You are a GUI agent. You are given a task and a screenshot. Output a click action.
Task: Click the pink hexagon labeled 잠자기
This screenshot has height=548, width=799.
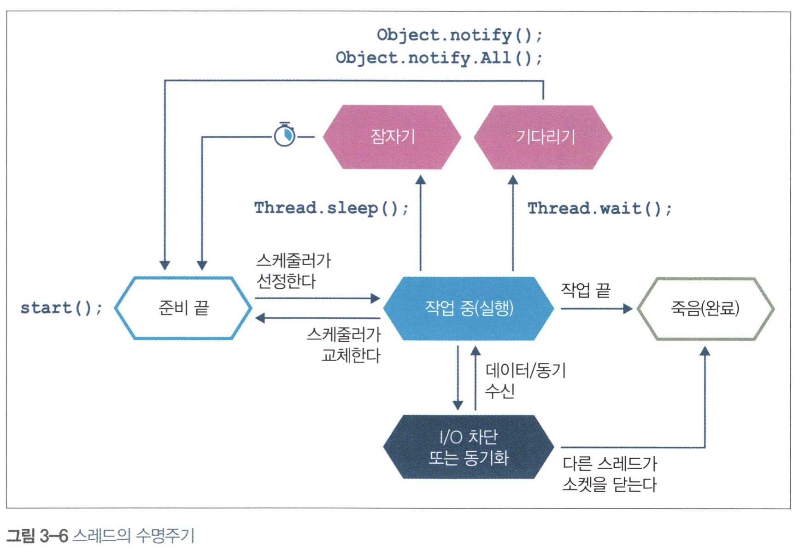[392, 137]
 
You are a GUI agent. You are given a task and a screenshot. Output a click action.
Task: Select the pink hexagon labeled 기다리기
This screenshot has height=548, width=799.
[543, 137]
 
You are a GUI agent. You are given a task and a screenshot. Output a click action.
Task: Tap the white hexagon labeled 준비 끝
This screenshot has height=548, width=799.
[183, 308]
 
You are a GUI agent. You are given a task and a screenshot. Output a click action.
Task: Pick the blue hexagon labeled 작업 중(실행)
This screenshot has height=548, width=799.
[469, 308]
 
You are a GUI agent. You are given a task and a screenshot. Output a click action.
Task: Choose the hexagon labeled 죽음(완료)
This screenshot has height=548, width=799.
[705, 308]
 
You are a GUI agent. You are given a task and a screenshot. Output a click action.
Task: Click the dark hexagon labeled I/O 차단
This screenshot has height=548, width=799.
[469, 447]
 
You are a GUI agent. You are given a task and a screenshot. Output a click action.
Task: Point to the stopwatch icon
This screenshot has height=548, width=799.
[285, 135]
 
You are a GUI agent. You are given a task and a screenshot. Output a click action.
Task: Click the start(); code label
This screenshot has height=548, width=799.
[61, 308]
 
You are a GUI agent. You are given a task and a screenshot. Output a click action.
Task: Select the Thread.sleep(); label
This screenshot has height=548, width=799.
[331, 208]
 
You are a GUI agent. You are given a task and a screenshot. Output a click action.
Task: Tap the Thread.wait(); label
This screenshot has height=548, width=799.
[599, 209]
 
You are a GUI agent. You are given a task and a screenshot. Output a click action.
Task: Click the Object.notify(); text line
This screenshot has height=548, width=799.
[459, 35]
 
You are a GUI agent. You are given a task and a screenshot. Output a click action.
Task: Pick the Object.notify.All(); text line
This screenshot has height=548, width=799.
[439, 58]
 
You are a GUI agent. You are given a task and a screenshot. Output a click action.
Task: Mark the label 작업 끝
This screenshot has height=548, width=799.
[585, 290]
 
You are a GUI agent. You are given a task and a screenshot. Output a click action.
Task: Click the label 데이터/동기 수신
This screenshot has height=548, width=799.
[525, 380]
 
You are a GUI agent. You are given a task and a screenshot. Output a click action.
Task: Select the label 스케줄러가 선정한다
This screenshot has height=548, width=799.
[294, 271]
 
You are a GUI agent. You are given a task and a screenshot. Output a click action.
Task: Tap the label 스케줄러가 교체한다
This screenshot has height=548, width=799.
[344, 345]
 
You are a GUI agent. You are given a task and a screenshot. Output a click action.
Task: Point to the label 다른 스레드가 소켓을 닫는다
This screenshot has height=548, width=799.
[609, 474]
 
